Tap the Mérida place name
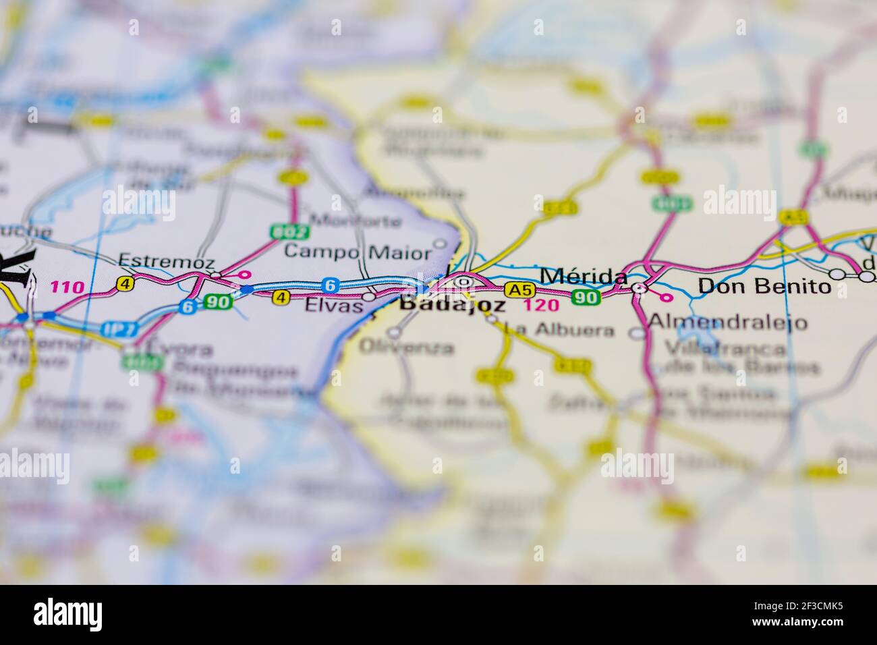click(x=584, y=276)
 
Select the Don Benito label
click(x=764, y=286)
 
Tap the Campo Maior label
click(x=357, y=252)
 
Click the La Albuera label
click(x=560, y=331)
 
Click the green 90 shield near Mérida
click(x=584, y=297)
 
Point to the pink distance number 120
click(x=541, y=305)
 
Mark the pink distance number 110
click(x=67, y=287)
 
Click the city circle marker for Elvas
click(x=369, y=296)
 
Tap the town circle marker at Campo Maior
click(x=441, y=243)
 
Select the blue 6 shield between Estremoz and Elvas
click(x=330, y=285)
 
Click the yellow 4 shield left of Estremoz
click(x=124, y=284)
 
